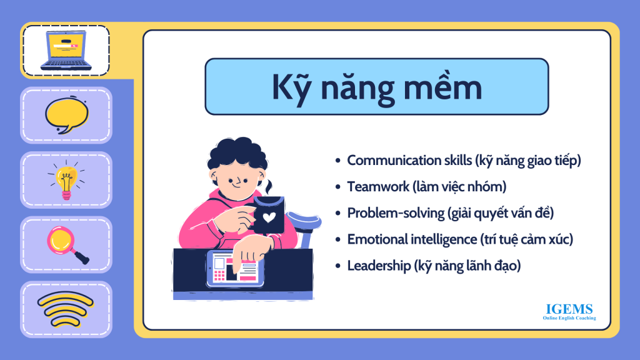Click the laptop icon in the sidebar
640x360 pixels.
(66, 51)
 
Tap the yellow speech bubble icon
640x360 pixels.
(66, 115)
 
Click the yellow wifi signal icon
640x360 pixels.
(66, 309)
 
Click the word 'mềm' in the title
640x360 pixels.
(443, 86)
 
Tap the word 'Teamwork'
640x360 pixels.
(378, 186)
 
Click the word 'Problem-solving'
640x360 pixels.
(396, 213)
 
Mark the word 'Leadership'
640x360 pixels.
(379, 266)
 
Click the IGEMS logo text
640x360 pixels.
(569, 309)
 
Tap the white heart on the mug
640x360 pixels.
(269, 217)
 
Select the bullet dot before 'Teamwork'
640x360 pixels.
(337, 187)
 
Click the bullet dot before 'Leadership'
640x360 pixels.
(337, 266)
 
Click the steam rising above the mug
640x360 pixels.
(269, 187)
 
